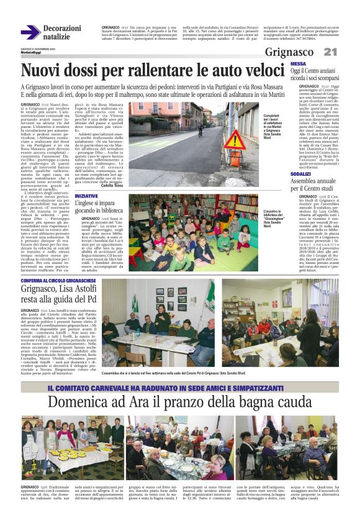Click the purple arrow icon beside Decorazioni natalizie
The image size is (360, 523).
coord(30,32)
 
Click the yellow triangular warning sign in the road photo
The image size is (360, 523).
coord(237,139)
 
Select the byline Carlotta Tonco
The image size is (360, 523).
coord(112,185)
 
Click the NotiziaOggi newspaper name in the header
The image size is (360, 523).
coord(29,54)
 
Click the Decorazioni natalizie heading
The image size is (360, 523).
coord(62,32)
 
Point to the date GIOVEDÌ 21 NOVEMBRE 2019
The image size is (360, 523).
coord(37,50)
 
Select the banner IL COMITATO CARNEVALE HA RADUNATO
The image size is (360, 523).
coord(180,371)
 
